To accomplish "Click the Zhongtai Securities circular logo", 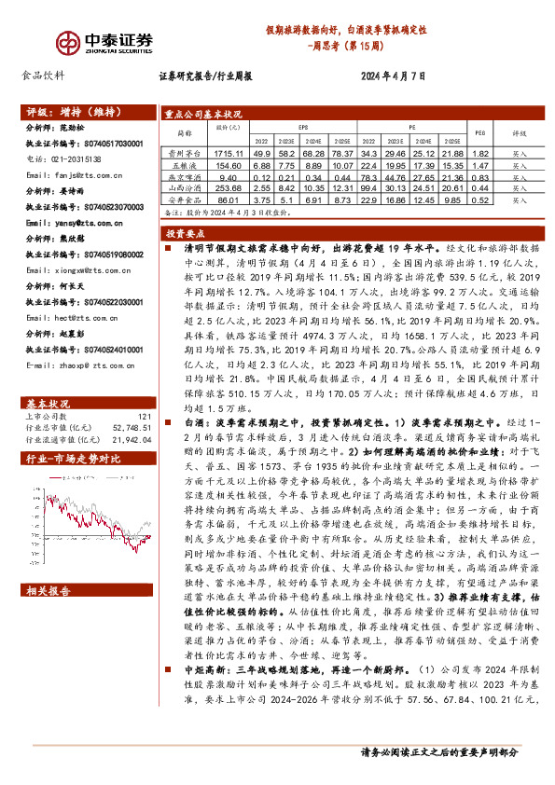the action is pos(65,42).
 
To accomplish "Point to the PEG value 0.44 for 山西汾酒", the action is pos(479,187).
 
